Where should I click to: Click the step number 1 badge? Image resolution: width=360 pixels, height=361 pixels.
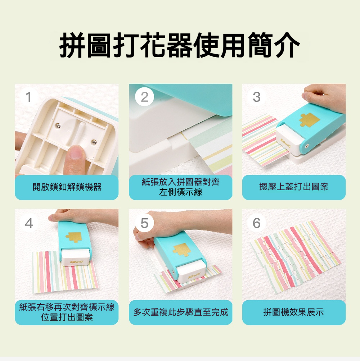(x=28, y=97)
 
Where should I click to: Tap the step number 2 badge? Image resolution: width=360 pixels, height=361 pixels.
(x=144, y=97)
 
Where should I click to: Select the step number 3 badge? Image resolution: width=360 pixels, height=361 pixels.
(x=257, y=97)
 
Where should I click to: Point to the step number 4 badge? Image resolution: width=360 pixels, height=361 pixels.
(x=29, y=223)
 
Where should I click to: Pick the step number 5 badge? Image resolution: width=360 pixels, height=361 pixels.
(x=144, y=223)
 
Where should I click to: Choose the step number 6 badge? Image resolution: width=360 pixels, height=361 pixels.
(x=257, y=223)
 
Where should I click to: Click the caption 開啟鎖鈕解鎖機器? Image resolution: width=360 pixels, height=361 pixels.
(x=67, y=187)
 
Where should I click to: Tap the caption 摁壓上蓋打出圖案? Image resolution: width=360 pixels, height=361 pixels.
(x=294, y=187)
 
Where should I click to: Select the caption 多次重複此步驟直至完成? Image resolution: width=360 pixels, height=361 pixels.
(x=180, y=312)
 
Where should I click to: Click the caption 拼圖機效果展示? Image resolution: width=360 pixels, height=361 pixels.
(x=294, y=312)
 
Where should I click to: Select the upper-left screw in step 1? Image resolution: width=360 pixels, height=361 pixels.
(x=58, y=125)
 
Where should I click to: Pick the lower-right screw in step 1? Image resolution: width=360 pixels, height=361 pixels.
(x=94, y=142)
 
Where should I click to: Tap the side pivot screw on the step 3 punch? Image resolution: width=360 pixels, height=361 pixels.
(x=307, y=146)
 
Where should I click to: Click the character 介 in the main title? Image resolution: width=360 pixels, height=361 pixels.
(x=286, y=45)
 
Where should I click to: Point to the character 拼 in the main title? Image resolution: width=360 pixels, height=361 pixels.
(x=73, y=45)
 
